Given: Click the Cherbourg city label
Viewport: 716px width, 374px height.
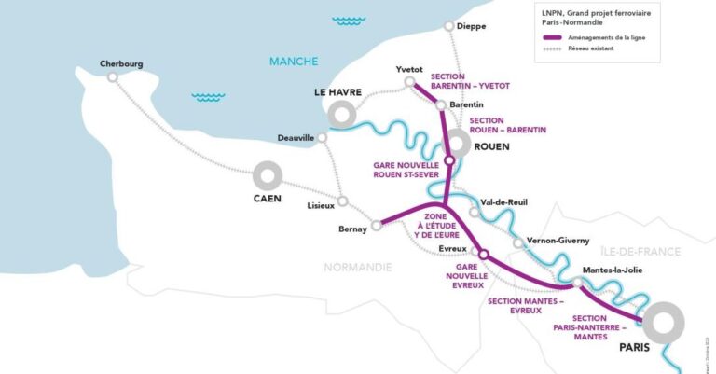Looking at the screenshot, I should click(x=122, y=64).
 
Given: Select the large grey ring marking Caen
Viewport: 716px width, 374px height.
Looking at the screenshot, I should click(x=267, y=175).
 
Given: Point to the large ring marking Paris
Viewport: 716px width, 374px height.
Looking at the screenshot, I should click(x=668, y=323).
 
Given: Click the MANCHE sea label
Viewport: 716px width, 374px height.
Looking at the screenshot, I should click(x=294, y=62).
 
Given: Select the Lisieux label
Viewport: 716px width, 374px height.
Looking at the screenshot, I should click(x=323, y=206).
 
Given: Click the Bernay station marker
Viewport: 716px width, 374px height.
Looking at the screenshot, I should click(x=377, y=224).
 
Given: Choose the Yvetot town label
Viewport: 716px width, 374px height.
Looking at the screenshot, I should click(x=409, y=69).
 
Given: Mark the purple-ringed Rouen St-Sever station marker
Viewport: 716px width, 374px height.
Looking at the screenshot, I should click(x=448, y=160).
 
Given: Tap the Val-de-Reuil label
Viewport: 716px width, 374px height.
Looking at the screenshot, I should click(x=504, y=201).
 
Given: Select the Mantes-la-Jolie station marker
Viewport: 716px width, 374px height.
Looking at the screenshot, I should click(x=578, y=282).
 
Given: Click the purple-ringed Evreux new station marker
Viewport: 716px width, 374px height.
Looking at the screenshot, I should click(x=483, y=254).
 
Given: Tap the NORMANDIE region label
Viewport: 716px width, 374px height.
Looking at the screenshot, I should click(x=358, y=267).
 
